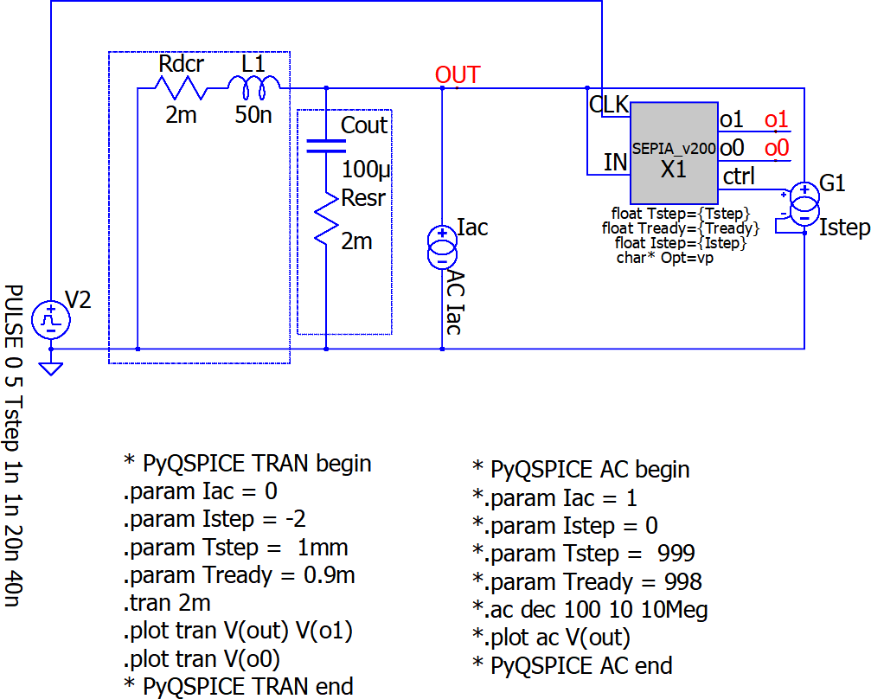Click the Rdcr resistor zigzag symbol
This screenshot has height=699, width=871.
point(181,87)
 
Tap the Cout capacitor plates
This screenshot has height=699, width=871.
point(326,145)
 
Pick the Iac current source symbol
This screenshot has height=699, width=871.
point(442,247)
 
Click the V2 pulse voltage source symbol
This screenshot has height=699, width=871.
point(50,320)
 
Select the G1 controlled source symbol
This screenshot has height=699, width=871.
point(804,204)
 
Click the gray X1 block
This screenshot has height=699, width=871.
point(674,153)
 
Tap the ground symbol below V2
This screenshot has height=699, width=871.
point(50,369)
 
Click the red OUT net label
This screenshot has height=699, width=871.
point(458,74)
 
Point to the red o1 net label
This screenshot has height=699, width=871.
point(776,119)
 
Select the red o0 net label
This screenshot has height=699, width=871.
point(776,148)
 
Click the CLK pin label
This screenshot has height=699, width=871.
point(609,105)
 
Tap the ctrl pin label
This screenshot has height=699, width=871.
point(739,176)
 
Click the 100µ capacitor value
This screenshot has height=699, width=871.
point(366,169)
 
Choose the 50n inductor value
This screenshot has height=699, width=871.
point(253,114)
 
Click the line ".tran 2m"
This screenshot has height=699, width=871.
point(167,603)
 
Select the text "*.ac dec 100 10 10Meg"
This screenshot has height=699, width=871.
point(590,610)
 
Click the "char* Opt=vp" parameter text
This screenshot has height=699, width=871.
point(665,258)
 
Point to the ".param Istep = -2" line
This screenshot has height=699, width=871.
point(215,519)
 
